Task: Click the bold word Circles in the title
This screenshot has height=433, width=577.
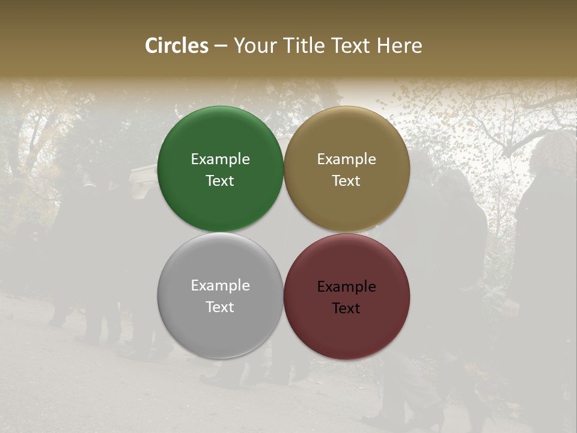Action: pyautogui.click(x=177, y=46)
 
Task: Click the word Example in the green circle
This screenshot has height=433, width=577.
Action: pyautogui.click(x=220, y=159)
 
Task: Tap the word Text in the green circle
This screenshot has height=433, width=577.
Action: pyautogui.click(x=220, y=180)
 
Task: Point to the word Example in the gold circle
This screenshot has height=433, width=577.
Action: pyautogui.click(x=347, y=159)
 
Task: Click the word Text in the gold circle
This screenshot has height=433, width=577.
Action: pyautogui.click(x=347, y=180)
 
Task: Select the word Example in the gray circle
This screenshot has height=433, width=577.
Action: pyautogui.click(x=220, y=285)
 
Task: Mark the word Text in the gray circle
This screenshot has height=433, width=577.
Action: pyautogui.click(x=220, y=307)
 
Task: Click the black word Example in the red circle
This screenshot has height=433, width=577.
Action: pyautogui.click(x=347, y=286)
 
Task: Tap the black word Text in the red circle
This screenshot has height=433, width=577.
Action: pyautogui.click(x=347, y=308)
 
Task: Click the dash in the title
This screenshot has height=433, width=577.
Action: pyautogui.click(x=221, y=46)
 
